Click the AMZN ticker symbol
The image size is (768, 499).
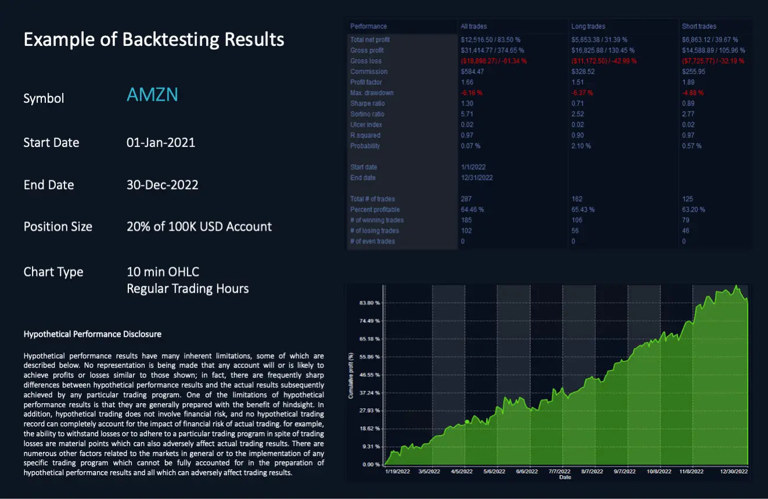pos(152,95)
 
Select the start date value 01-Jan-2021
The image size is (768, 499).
pos(161,142)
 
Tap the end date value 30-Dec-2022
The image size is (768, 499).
pos(162,185)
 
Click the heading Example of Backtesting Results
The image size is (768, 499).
pos(154,40)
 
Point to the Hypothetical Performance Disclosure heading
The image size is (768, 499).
pos(92,334)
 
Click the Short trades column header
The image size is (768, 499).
pos(699,26)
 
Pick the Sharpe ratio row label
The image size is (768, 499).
pos(367,103)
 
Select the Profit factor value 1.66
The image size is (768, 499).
pos(468,82)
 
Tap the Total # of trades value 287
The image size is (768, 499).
pos(466,199)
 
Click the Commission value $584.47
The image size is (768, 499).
pos(472,72)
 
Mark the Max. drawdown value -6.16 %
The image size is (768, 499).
pos(472,93)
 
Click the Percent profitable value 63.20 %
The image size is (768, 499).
pos(693,210)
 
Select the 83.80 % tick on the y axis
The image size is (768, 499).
pos(369,303)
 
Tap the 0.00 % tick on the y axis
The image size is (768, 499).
pos(371,464)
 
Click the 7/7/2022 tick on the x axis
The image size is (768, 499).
pos(559,472)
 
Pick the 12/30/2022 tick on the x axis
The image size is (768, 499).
pos(734,472)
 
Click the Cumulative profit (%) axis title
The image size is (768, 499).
pos(351,375)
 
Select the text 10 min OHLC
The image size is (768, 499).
pos(163,272)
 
